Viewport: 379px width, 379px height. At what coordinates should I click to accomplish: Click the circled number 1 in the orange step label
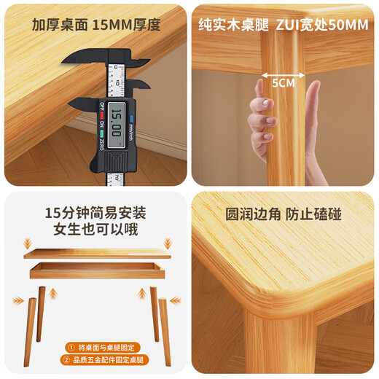tap(71, 348)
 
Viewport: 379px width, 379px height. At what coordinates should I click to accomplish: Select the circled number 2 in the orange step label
tap(71, 361)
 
